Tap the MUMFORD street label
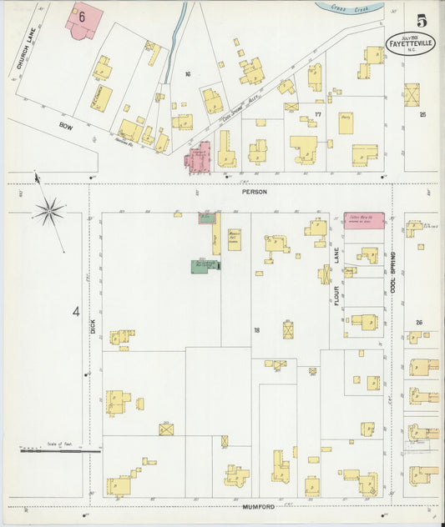pyautogui.click(x=259, y=506)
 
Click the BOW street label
pyautogui.click(x=66, y=126)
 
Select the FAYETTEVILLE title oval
pyautogui.click(x=410, y=43)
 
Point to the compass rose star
pyautogui.click(x=50, y=210)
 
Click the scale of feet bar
pyautogui.click(x=60, y=451)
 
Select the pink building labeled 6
pyautogui.click(x=84, y=21)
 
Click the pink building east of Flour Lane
pyautogui.click(x=364, y=220)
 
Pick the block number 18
pyautogui.click(x=257, y=330)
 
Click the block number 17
pyautogui.click(x=317, y=114)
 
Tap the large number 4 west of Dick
pyautogui.click(x=75, y=313)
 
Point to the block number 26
pyautogui.click(x=419, y=323)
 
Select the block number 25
pyautogui.click(x=422, y=114)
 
